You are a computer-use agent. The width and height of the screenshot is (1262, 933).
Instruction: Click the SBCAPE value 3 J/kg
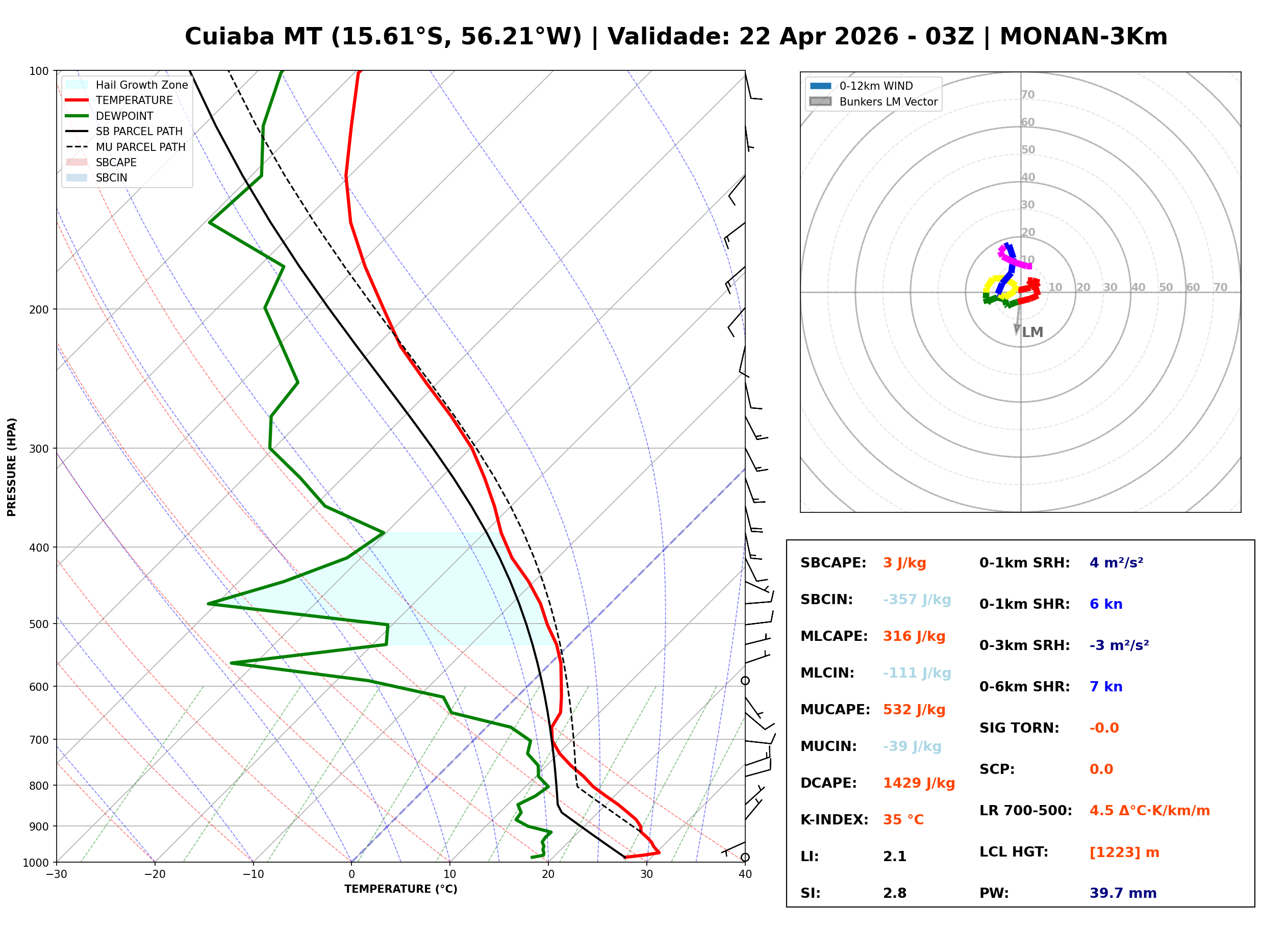point(904,563)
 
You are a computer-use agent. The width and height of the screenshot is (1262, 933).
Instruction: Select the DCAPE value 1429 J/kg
point(919,783)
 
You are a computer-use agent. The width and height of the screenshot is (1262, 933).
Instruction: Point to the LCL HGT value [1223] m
point(1124,852)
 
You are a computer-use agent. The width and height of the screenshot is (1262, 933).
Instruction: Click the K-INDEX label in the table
point(834,820)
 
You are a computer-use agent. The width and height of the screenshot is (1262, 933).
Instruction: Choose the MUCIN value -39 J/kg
point(912,746)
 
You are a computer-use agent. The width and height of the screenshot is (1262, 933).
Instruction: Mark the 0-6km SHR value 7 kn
point(1105,687)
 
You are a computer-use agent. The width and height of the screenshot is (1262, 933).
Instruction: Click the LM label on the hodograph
point(1032,332)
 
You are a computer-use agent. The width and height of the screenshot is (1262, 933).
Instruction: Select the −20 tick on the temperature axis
point(155,875)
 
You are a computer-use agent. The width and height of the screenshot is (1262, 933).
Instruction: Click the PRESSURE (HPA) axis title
point(12,467)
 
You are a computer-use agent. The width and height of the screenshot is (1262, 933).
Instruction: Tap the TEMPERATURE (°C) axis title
point(400,890)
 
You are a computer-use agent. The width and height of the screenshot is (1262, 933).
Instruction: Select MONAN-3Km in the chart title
point(1083,37)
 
